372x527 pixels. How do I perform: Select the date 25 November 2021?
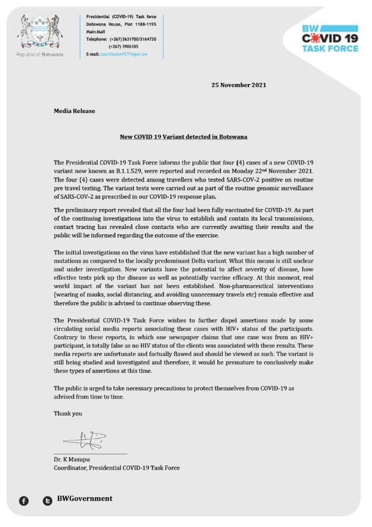tap(238, 85)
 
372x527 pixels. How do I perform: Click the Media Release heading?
tap(74, 111)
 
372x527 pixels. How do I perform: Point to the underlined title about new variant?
tap(183, 137)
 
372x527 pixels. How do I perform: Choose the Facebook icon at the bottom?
tap(24, 501)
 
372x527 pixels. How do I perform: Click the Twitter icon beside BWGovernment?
tap(47, 501)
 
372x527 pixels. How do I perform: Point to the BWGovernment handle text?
tap(84, 499)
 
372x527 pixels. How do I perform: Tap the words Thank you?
tap(68, 413)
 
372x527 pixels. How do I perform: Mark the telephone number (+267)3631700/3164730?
tap(132, 39)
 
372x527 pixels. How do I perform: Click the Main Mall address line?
tap(95, 31)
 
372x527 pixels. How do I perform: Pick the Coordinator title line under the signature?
tap(117, 468)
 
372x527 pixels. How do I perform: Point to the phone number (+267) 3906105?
tap(124, 46)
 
